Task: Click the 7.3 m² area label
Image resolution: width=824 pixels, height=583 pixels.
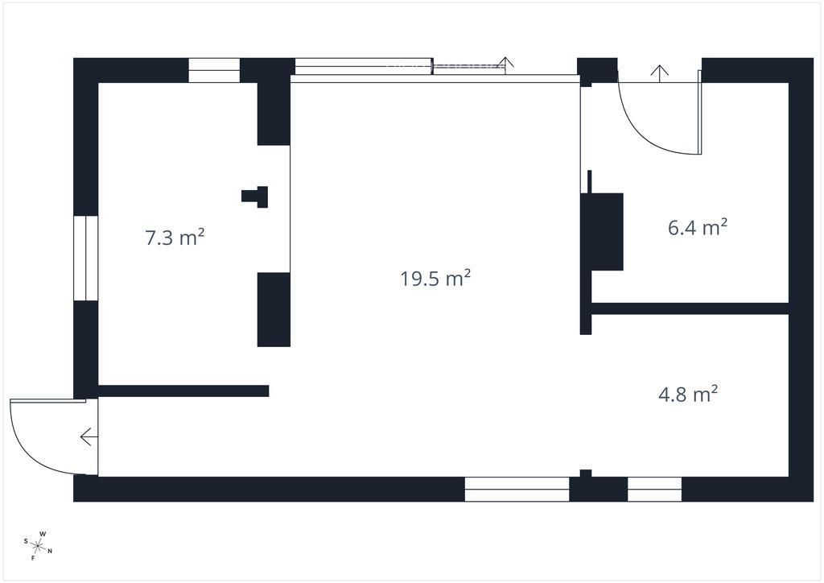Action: click(175, 238)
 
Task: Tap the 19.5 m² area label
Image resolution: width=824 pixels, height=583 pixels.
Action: click(435, 278)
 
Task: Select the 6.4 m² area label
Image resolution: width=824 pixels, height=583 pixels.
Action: click(698, 228)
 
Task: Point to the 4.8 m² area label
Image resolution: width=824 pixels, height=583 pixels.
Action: click(688, 394)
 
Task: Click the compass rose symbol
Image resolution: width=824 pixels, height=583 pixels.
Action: click(38, 546)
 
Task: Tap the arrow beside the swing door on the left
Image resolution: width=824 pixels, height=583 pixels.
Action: click(89, 437)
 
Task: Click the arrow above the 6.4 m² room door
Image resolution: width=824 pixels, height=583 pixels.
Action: click(660, 73)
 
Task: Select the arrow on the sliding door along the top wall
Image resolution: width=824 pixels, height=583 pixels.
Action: click(506, 65)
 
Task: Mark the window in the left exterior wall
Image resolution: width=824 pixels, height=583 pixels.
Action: click(85, 258)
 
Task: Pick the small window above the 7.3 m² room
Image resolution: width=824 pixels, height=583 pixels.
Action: click(214, 70)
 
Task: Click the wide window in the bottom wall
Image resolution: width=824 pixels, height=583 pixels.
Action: click(517, 489)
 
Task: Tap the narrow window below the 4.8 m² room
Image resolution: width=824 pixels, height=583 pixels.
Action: click(655, 489)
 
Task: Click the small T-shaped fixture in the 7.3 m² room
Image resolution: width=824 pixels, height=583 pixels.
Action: click(255, 196)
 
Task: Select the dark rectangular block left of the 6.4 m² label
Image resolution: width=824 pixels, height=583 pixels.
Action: click(602, 231)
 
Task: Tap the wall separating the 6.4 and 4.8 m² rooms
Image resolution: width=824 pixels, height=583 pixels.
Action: click(690, 308)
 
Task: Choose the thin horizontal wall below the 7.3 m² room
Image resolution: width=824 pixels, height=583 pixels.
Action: click(183, 391)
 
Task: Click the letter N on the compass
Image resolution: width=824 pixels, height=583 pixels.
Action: click(50, 552)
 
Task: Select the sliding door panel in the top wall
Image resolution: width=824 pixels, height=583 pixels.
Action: click(364, 66)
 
